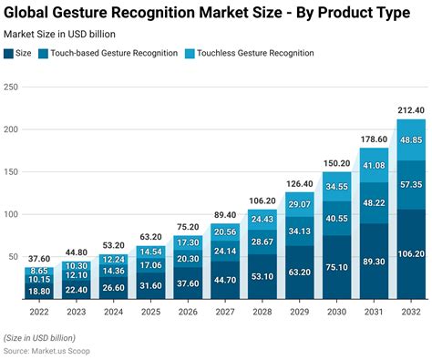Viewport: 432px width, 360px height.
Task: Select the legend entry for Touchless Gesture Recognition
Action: point(254,53)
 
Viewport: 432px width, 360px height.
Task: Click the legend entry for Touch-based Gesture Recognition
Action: point(120,53)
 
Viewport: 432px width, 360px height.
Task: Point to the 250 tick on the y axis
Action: point(10,87)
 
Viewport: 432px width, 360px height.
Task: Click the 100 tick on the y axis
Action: point(10,215)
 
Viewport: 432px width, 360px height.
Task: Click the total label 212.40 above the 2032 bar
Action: point(409,111)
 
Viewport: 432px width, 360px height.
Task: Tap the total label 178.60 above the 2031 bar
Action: point(373,139)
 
